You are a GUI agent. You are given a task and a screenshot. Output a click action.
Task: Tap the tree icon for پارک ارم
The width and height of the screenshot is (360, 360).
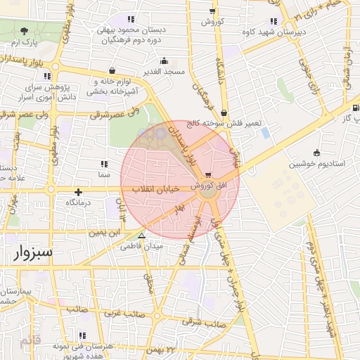pos(25,31)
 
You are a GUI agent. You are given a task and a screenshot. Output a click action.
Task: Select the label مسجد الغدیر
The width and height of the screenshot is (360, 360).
pos(163,72)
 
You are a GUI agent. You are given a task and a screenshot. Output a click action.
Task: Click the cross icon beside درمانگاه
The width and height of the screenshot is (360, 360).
pos(78,191)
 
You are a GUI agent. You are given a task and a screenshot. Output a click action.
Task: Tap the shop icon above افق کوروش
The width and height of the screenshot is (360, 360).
pos(207,175)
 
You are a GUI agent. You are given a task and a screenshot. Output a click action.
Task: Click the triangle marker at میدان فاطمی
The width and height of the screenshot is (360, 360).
pos(143,236)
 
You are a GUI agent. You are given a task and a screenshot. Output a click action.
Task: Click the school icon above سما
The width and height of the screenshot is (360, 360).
pos(104,164)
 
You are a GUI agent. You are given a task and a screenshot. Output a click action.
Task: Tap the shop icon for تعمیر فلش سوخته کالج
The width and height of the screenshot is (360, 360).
pos(224,112)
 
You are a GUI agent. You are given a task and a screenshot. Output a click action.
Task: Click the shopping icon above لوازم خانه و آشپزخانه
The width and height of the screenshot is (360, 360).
pos(112,71)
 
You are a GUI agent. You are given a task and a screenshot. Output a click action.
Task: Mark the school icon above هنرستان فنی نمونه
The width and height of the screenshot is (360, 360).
pos(84,335)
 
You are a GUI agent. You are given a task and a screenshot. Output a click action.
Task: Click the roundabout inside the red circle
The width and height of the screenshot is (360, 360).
pos(207,198)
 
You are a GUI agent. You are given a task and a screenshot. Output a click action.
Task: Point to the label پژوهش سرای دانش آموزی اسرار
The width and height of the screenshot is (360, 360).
pos(44,94)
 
